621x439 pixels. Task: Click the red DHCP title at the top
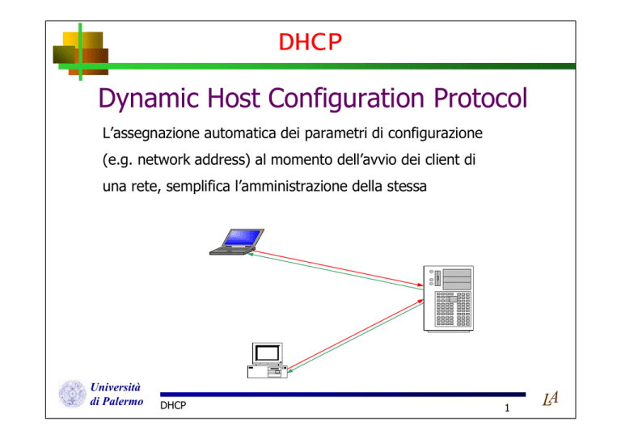click(x=310, y=42)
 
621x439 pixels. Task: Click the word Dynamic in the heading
click(x=149, y=99)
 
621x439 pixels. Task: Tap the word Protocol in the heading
click(x=480, y=98)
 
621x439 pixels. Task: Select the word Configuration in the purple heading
click(x=347, y=99)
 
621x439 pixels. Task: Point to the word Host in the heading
click(x=234, y=98)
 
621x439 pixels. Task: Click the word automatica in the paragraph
click(x=240, y=133)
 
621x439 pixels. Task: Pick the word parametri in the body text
click(x=336, y=133)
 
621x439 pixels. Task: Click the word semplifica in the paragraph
click(x=198, y=187)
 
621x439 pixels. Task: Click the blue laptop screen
click(x=243, y=238)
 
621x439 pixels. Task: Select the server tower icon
click(x=448, y=298)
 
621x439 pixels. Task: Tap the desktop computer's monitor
click(x=268, y=353)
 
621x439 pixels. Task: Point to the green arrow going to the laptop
click(x=335, y=272)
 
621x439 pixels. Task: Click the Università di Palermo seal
click(x=73, y=394)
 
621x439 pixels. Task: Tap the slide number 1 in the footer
click(x=507, y=407)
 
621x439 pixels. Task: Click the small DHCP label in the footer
click(x=173, y=405)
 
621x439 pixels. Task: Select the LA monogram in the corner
click(x=551, y=399)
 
